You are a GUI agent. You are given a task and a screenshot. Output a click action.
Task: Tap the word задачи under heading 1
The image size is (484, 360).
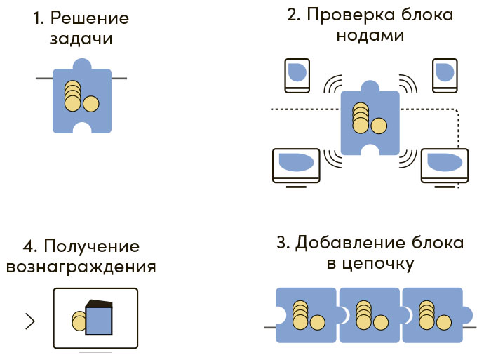pos(81,39)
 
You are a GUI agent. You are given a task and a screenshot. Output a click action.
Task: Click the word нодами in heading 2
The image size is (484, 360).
pos(370,35)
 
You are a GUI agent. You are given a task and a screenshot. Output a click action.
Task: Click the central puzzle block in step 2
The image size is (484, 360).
pos(370,119)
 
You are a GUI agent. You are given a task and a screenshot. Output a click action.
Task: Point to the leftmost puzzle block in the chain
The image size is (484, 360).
pos(305,314)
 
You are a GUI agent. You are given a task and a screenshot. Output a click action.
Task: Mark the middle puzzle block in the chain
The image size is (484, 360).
pos(369,314)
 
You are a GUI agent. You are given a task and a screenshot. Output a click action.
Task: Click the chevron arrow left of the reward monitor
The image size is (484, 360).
pos(30,321)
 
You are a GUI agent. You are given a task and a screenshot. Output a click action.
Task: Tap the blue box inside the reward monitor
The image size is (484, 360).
pos(98,319)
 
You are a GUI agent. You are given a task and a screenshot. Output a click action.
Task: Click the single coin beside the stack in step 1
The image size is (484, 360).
pos(90,105)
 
